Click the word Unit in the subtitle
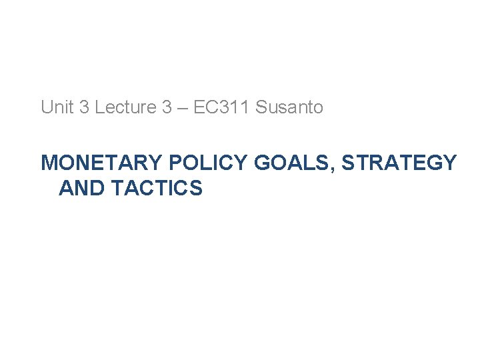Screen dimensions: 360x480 (58, 107)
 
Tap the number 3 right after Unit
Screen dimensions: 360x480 (84, 107)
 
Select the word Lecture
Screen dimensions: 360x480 (125, 107)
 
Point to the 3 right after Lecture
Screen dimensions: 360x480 (167, 107)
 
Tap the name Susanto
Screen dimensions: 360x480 (289, 107)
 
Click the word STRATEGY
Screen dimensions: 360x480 (399, 163)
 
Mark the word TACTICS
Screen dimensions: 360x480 (157, 189)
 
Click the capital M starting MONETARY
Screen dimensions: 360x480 (49, 163)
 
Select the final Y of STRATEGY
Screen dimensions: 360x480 (450, 163)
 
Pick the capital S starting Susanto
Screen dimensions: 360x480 (261, 107)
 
